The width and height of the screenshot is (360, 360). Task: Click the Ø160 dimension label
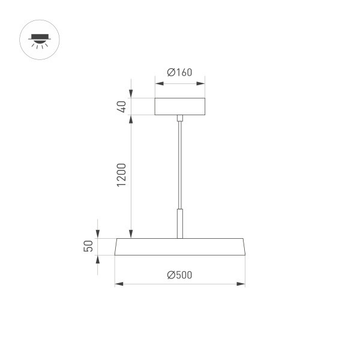tap(179, 73)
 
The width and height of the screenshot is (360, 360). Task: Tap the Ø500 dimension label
tap(179, 275)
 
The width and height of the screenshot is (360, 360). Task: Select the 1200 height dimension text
tap(121, 174)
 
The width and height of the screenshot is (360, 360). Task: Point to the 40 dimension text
tap(121, 107)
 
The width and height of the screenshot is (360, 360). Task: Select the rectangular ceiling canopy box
tap(180, 106)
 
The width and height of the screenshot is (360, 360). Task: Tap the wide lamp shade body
tap(180, 247)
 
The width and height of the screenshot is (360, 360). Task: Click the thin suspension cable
tap(179, 162)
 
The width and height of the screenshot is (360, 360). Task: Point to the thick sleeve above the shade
tap(179, 223)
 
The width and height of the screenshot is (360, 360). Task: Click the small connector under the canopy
tap(179, 118)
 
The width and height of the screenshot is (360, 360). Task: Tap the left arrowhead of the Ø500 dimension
tap(118, 283)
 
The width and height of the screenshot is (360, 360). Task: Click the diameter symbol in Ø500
tap(171, 275)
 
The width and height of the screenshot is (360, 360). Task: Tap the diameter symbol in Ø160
tap(171, 73)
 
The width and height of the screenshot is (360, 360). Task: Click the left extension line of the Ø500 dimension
tap(115, 270)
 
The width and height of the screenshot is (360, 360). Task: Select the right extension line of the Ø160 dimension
tap(205, 87)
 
